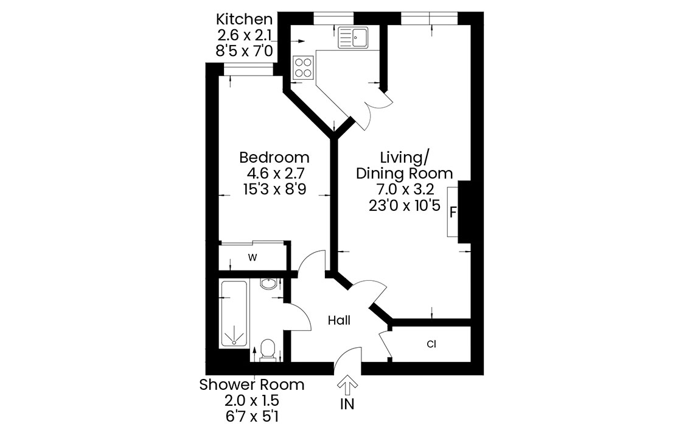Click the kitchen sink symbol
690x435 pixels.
pos(353,37)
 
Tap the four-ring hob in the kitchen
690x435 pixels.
pos(303,68)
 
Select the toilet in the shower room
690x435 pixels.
pos(268,350)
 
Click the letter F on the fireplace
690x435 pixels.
pos(453,213)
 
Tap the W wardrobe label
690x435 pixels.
pos(252,257)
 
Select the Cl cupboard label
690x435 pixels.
pos(431,344)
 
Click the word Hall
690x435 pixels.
pos(339,320)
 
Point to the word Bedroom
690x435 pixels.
pos(274,157)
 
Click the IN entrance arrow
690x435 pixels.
pos(347,385)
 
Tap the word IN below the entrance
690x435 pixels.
pos(347,404)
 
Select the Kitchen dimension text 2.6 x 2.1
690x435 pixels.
pos(244,35)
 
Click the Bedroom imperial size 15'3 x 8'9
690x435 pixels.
pos(274,189)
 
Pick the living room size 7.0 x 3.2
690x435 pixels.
pos(405,189)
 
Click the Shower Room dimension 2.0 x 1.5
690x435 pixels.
pos(252,401)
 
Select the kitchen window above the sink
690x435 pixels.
pos(333,18)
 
